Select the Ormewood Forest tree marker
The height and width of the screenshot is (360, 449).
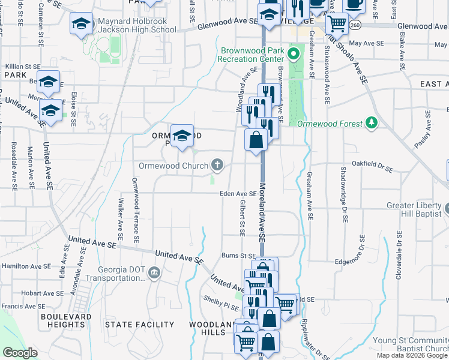coord(372,124)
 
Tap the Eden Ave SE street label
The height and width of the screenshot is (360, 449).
coord(238,194)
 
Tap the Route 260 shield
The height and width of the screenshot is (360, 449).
coord(355,25)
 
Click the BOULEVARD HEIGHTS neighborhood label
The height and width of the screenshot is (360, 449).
coord(66,320)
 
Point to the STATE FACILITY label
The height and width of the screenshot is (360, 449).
coord(139,325)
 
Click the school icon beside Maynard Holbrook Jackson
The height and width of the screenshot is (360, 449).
coord(81,24)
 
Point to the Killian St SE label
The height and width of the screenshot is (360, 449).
coord(23,66)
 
